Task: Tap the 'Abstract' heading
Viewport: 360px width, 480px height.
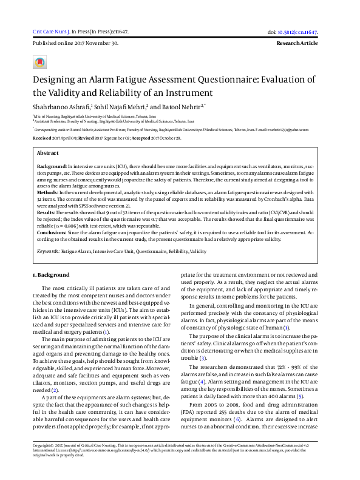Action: click(48, 154)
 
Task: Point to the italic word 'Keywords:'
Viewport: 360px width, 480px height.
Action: click(49, 250)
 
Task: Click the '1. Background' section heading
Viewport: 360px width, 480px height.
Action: click(51, 275)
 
